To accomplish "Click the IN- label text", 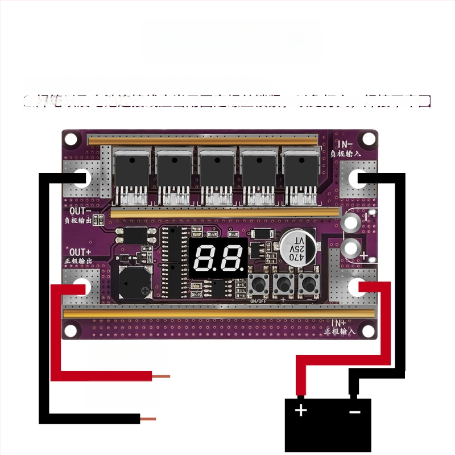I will pos(345,144).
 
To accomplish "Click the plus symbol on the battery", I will pos(301,411).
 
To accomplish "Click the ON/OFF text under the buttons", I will pos(257,300).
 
